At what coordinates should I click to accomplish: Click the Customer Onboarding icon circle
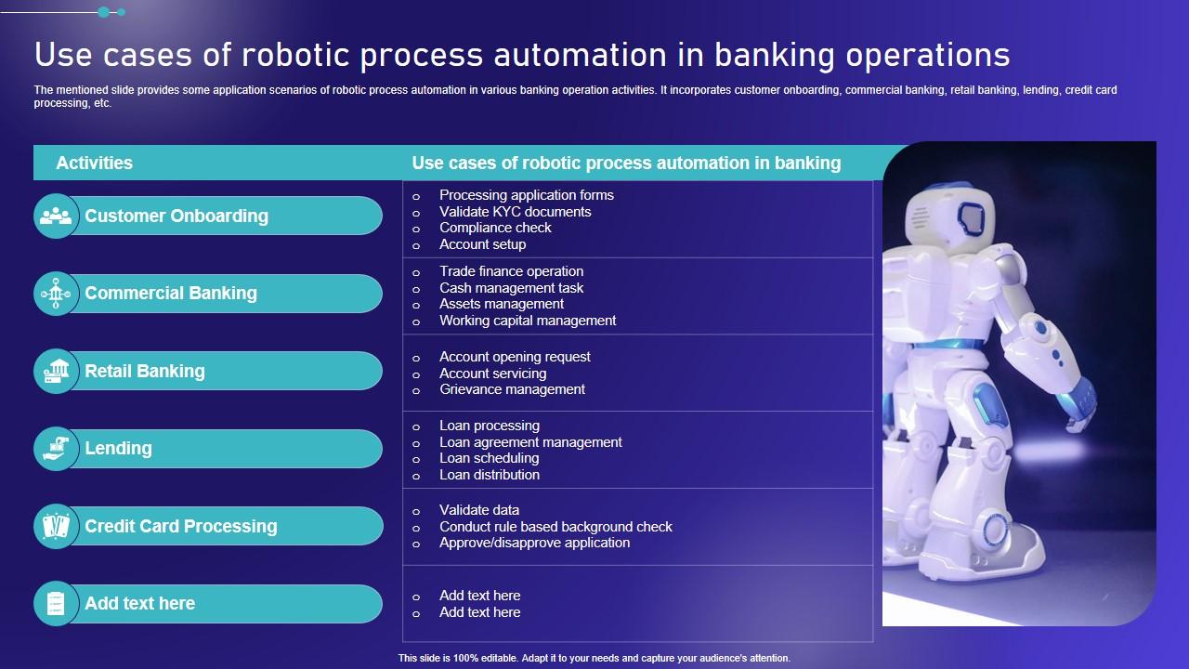pyautogui.click(x=56, y=216)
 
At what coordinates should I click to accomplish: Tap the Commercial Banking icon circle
pyautogui.click(x=56, y=294)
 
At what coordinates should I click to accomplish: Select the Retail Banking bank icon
pyautogui.click(x=56, y=371)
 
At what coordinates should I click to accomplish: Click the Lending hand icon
pyautogui.click(x=56, y=449)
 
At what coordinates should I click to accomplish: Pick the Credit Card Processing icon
pyautogui.click(x=56, y=526)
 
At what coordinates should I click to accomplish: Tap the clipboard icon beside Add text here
pyautogui.click(x=56, y=604)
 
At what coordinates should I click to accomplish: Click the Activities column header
pyautogui.click(x=94, y=163)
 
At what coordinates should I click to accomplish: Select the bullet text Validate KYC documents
pyautogui.click(x=515, y=212)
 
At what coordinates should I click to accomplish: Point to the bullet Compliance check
pyautogui.click(x=495, y=228)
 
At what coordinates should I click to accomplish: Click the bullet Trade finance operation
pyautogui.click(x=511, y=271)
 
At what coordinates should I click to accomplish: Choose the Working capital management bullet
pyautogui.click(x=528, y=321)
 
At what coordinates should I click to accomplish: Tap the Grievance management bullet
pyautogui.click(x=512, y=389)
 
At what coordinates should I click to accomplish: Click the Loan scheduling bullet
pyautogui.click(x=489, y=458)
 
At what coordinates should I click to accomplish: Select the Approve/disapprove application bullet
pyautogui.click(x=534, y=543)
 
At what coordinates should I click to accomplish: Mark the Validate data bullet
pyautogui.click(x=479, y=510)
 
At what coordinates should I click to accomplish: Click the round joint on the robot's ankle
pyautogui.click(x=994, y=531)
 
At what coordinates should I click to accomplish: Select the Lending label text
pyautogui.click(x=118, y=449)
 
